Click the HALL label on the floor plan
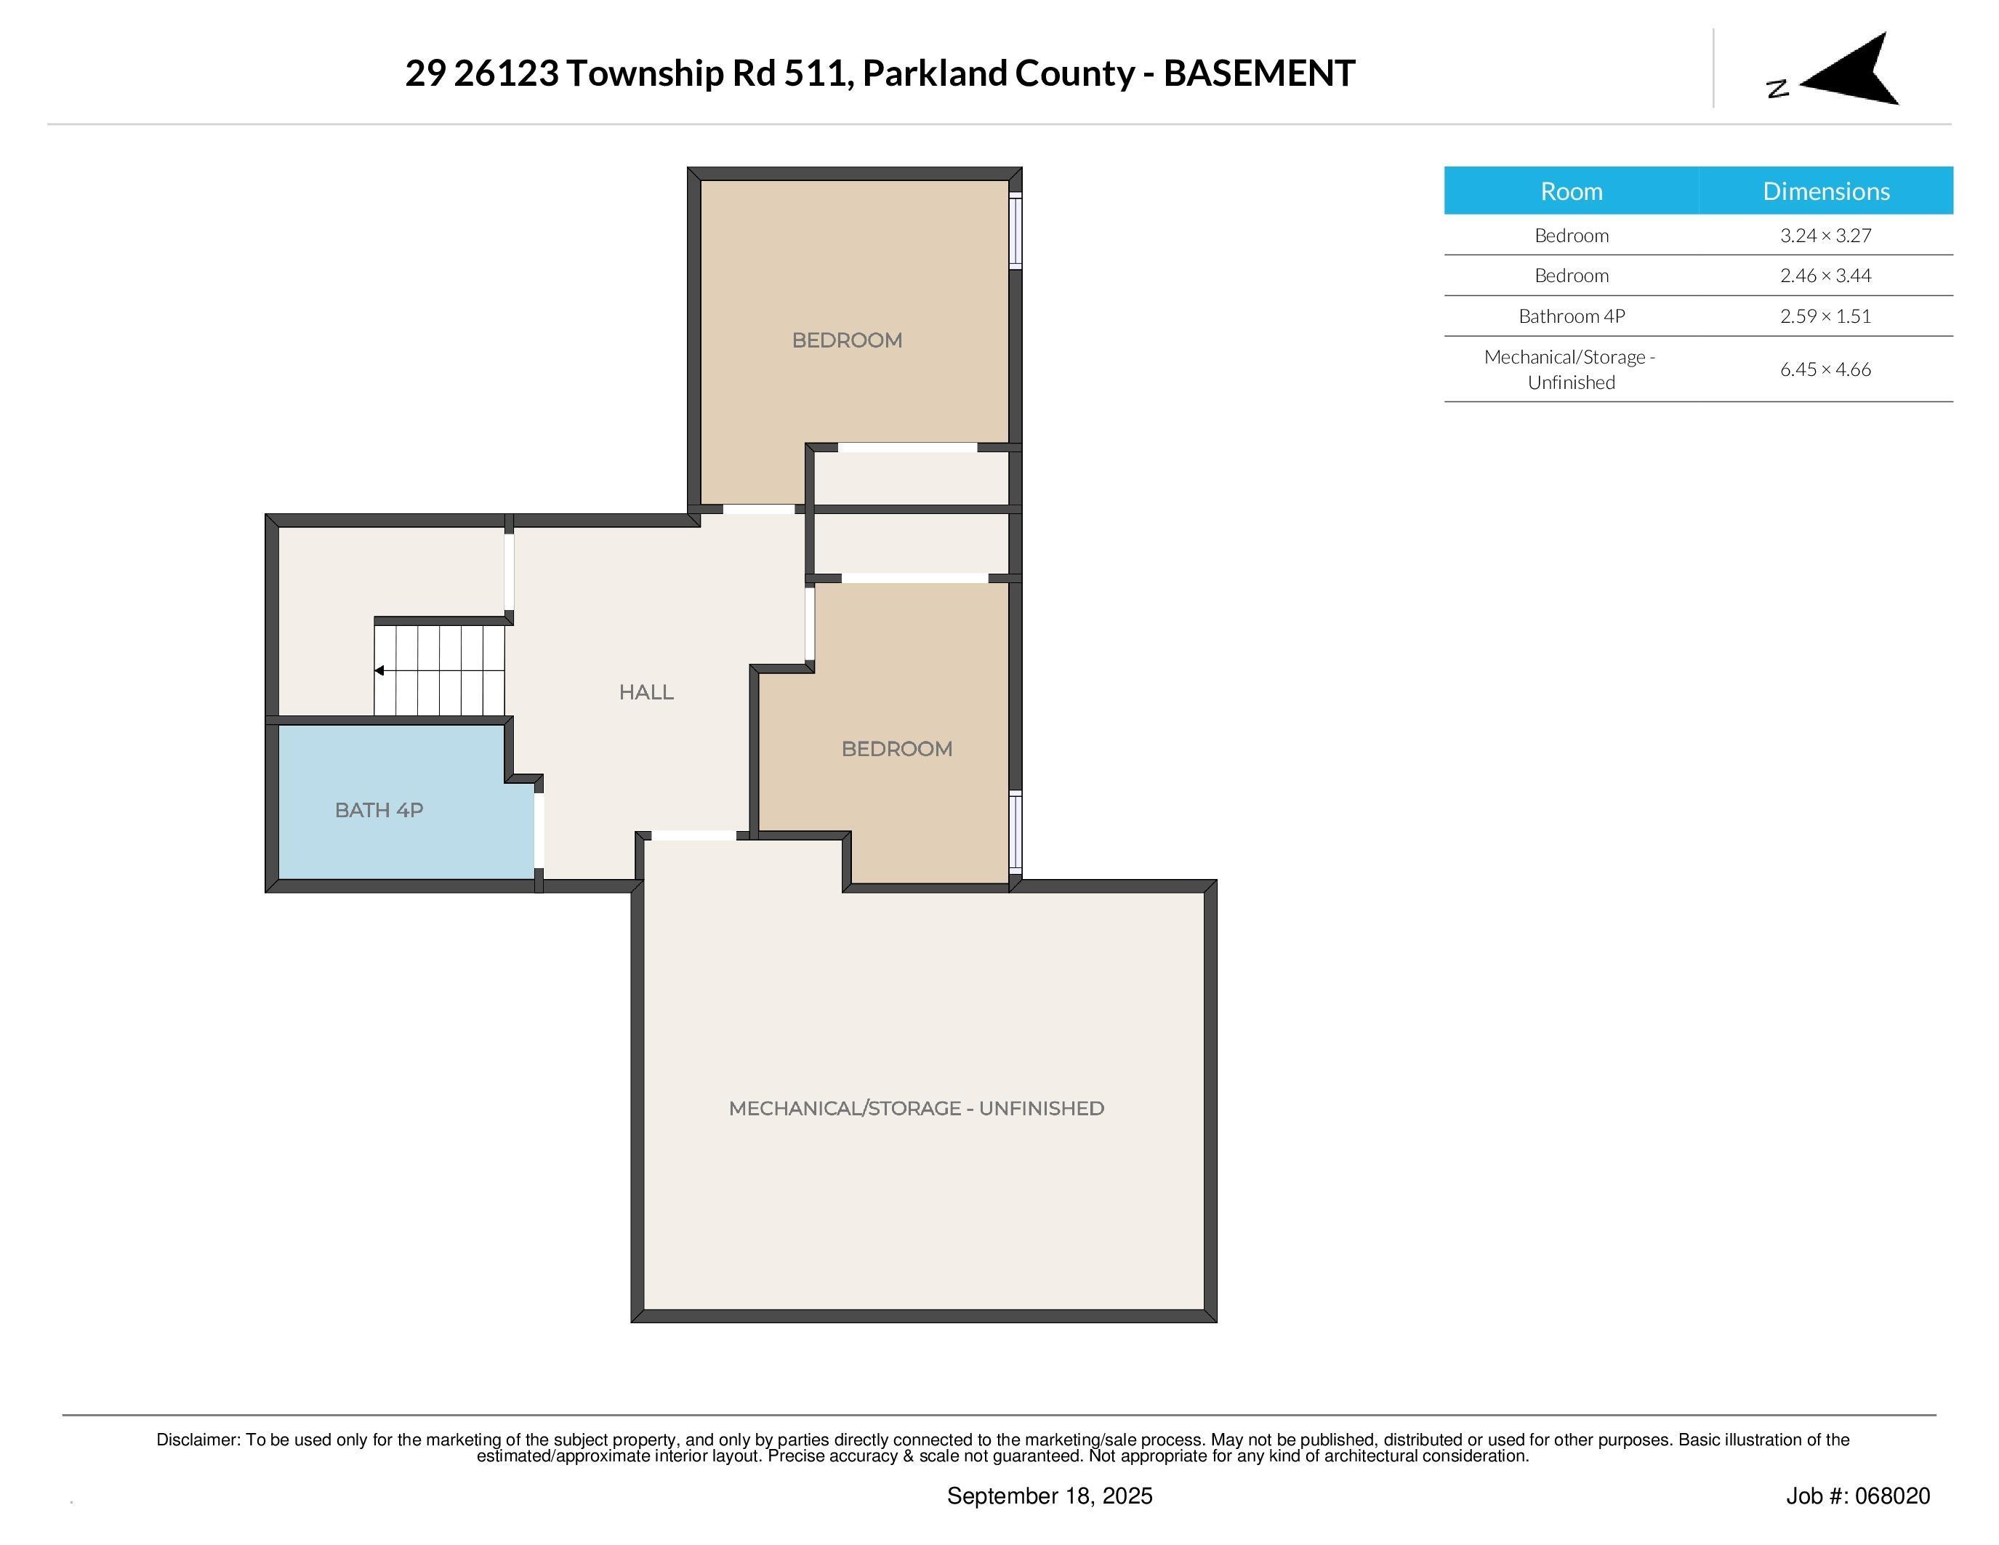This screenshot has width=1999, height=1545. pyautogui.click(x=646, y=692)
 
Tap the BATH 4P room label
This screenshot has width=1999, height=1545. pyautogui.click(x=379, y=810)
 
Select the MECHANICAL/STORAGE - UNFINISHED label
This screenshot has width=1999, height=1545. pyautogui.click(x=916, y=1109)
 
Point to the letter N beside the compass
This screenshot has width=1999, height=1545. pyautogui.click(x=1777, y=89)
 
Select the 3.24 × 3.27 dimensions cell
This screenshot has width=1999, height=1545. pyautogui.click(x=1825, y=236)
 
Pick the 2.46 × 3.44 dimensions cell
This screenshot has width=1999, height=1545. pyautogui.click(x=1825, y=276)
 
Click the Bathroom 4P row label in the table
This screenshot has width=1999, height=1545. pyautogui.click(x=1571, y=316)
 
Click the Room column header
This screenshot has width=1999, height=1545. pyautogui.click(x=1571, y=191)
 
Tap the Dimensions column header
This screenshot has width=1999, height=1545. pyautogui.click(x=1825, y=191)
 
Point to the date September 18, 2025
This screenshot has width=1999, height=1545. pyautogui.click(x=1049, y=1496)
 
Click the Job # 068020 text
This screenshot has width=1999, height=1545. pyautogui.click(x=1857, y=1496)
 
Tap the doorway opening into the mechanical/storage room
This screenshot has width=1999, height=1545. pyautogui.click(x=693, y=835)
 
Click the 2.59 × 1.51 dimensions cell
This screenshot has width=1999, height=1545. pyautogui.click(x=1825, y=316)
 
